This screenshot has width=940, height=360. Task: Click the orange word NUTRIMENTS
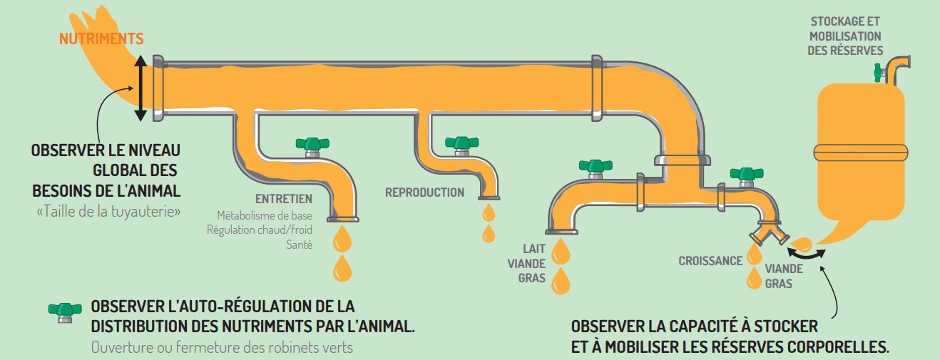pyautogui.click(x=101, y=39)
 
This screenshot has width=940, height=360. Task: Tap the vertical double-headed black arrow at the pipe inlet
pyautogui.click(x=141, y=89)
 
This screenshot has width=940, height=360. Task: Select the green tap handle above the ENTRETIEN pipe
pyautogui.click(x=312, y=143)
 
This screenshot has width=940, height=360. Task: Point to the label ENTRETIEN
pyautogui.click(x=284, y=200)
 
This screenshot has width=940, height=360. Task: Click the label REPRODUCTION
pyautogui.click(x=424, y=192)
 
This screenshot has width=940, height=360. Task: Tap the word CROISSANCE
pyautogui.click(x=710, y=261)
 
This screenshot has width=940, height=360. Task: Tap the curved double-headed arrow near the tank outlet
pyautogui.click(x=807, y=251)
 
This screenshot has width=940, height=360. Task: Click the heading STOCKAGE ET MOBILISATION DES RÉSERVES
pyautogui.click(x=845, y=36)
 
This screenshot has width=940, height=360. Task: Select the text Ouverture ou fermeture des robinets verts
pyautogui.click(x=222, y=348)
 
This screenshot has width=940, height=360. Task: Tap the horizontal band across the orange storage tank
pyautogui.click(x=861, y=152)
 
